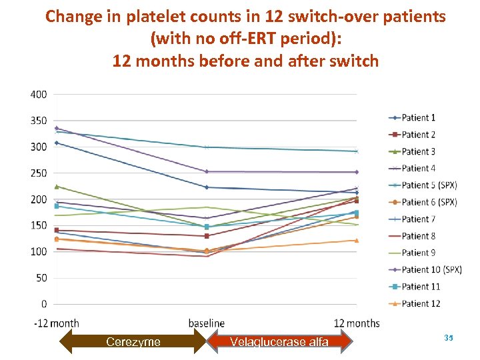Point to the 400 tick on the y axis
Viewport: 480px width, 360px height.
[39, 95]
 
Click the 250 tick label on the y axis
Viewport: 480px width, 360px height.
[39, 173]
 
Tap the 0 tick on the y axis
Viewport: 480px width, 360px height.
[44, 304]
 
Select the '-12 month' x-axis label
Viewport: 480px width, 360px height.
[56, 323]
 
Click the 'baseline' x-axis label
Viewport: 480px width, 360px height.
[207, 323]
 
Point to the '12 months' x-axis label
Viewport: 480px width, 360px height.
[357, 323]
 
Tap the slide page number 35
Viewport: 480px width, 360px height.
[447, 339]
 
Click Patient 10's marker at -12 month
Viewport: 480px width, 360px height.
[57, 128]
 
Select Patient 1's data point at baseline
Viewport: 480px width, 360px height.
[207, 187]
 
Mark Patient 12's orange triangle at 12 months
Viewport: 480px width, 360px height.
[357, 240]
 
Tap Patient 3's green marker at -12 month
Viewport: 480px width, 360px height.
[57, 187]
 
